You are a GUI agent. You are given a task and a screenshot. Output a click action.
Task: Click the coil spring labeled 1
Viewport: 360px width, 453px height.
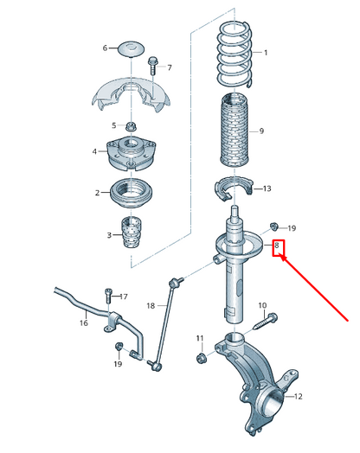(x=232, y=52)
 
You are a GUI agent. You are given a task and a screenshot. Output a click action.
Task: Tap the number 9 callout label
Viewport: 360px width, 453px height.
(x=261, y=131)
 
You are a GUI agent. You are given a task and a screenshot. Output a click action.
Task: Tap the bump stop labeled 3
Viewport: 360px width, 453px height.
(x=130, y=233)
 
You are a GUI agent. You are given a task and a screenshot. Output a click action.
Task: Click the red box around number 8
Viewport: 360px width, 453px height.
(x=279, y=248)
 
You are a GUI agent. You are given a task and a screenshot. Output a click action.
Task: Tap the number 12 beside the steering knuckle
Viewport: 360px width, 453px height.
(x=299, y=397)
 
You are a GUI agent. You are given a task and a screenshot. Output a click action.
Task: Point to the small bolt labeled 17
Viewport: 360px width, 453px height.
(x=108, y=296)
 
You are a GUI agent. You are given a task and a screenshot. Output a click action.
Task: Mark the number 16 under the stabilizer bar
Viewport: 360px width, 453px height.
(x=84, y=323)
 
